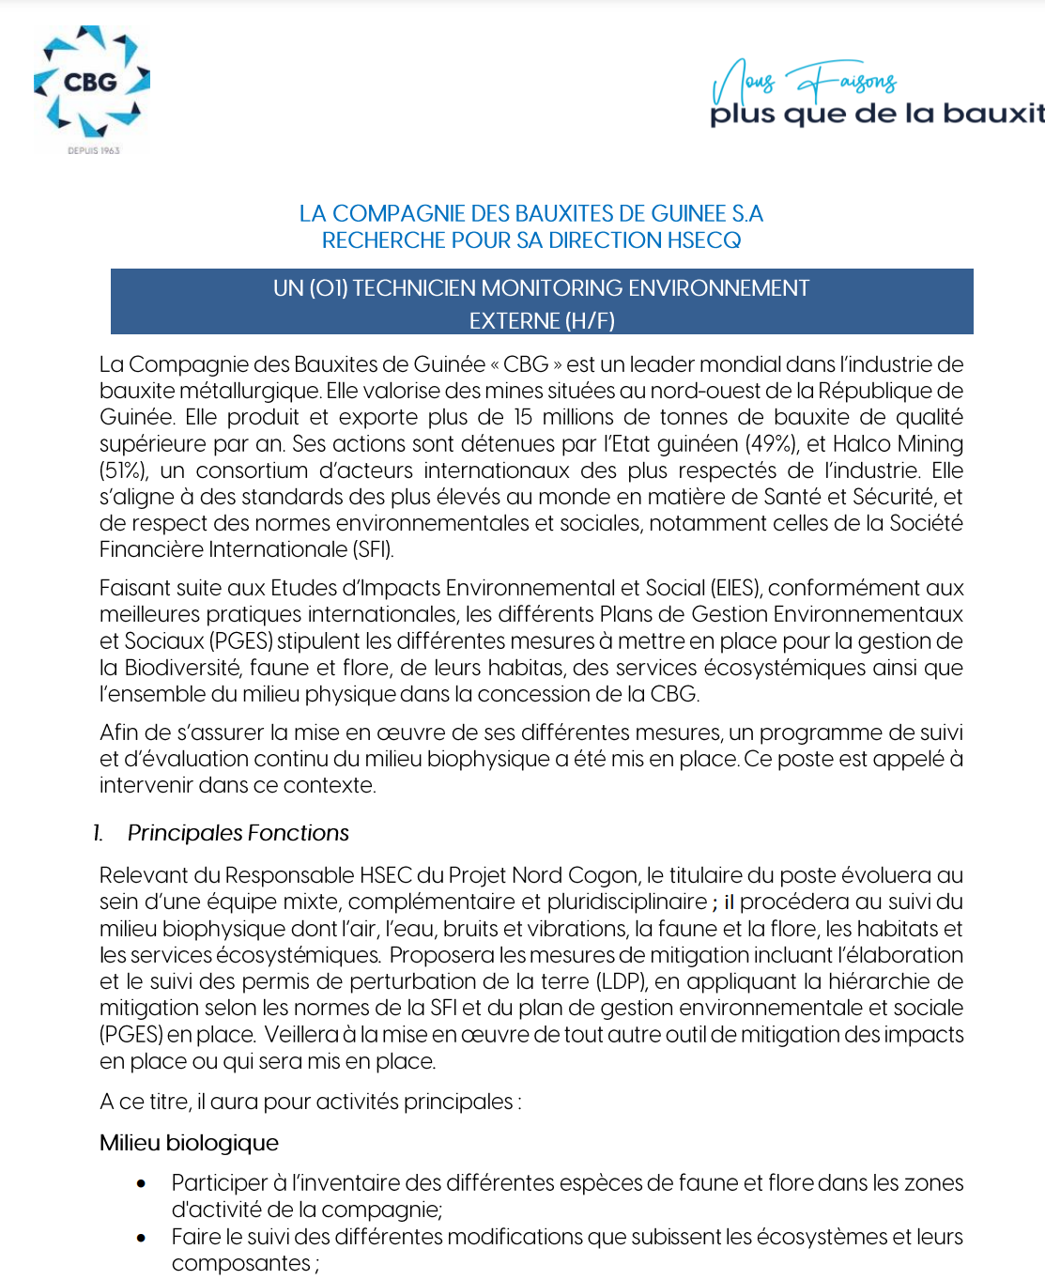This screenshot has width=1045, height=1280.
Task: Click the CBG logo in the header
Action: point(91,83)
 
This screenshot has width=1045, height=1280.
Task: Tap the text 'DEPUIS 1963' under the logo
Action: point(94,150)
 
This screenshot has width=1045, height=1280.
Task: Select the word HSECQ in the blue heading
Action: point(704,240)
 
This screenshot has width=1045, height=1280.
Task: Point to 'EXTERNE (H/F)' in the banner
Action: point(542,321)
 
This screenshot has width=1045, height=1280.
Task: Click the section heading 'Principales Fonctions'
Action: point(238,833)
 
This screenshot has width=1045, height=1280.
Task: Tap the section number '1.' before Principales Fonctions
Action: point(98,833)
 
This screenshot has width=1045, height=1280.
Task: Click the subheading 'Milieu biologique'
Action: point(189,1143)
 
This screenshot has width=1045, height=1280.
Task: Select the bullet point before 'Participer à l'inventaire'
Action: point(142,1183)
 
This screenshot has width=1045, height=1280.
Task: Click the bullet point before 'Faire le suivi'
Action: point(142,1238)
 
